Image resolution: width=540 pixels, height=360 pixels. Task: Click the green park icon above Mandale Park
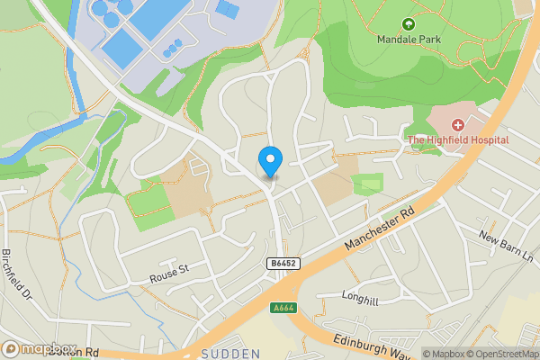408,24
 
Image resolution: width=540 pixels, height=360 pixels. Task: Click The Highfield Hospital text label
458,139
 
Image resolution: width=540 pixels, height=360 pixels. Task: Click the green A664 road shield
284,308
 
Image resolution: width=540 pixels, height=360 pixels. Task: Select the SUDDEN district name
231,354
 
